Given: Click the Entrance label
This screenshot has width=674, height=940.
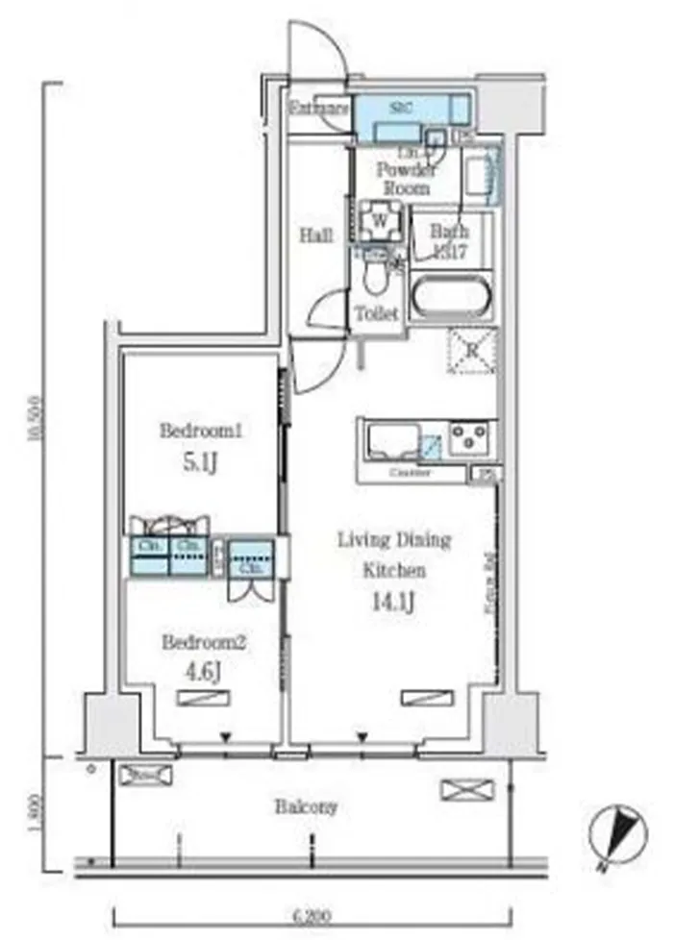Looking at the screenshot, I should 319,109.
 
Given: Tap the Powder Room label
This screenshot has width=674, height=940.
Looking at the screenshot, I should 405,178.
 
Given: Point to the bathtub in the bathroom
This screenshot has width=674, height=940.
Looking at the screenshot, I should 451,298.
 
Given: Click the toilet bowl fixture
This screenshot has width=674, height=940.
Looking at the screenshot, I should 375,280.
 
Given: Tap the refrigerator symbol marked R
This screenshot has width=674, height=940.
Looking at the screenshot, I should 472,350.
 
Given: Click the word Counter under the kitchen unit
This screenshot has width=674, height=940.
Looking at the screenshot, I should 412,473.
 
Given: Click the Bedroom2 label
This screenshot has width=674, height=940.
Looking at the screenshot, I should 204,642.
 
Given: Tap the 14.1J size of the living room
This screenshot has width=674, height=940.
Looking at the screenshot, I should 393,603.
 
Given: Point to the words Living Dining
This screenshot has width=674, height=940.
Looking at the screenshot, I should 393,540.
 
